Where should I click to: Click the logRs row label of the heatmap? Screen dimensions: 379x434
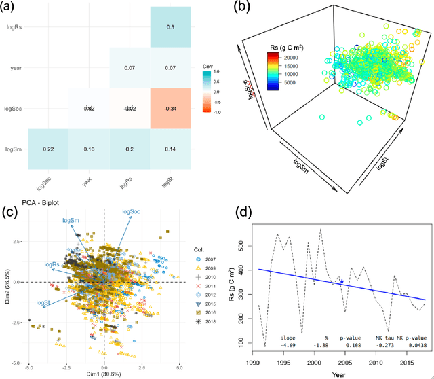pyautogui.click(x=20, y=28)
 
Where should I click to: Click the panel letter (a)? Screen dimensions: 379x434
pyautogui.click(x=12, y=8)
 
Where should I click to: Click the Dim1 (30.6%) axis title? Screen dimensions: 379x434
pyautogui.click(x=103, y=373)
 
